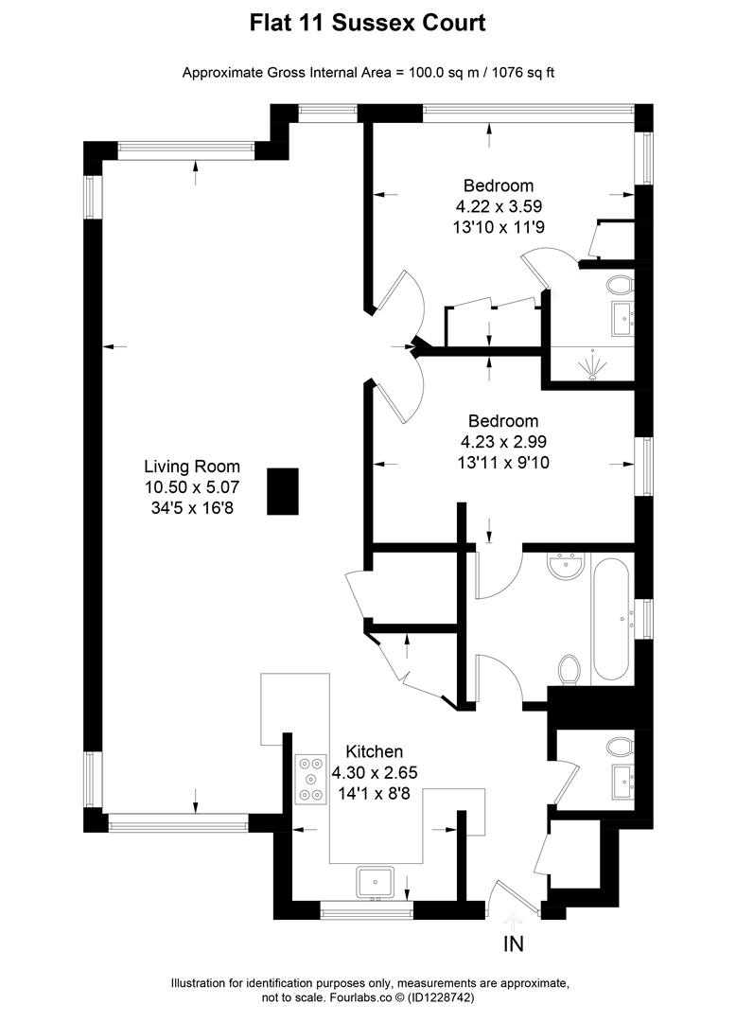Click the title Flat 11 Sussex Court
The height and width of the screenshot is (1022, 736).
pyautogui.click(x=367, y=23)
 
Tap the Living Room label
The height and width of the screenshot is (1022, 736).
pyautogui.click(x=192, y=467)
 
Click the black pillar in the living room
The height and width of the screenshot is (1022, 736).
pyautogui.click(x=283, y=491)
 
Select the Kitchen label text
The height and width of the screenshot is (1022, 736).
pyautogui.click(x=374, y=751)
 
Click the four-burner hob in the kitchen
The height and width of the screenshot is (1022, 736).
pyautogui.click(x=309, y=778)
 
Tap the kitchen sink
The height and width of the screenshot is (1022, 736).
pyautogui.click(x=375, y=882)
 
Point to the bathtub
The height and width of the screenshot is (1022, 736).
pyautogui.click(x=614, y=620)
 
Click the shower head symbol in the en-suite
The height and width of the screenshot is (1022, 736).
pyautogui.click(x=593, y=365)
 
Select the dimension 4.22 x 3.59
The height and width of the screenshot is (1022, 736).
pyautogui.click(x=498, y=206)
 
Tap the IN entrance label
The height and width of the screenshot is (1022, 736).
pyautogui.click(x=513, y=943)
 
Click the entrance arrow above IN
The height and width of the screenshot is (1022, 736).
pyautogui.click(x=513, y=919)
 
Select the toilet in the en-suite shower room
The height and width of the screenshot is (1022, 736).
pyautogui.click(x=622, y=284)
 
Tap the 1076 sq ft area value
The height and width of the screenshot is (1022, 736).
pyautogui.click(x=519, y=73)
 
